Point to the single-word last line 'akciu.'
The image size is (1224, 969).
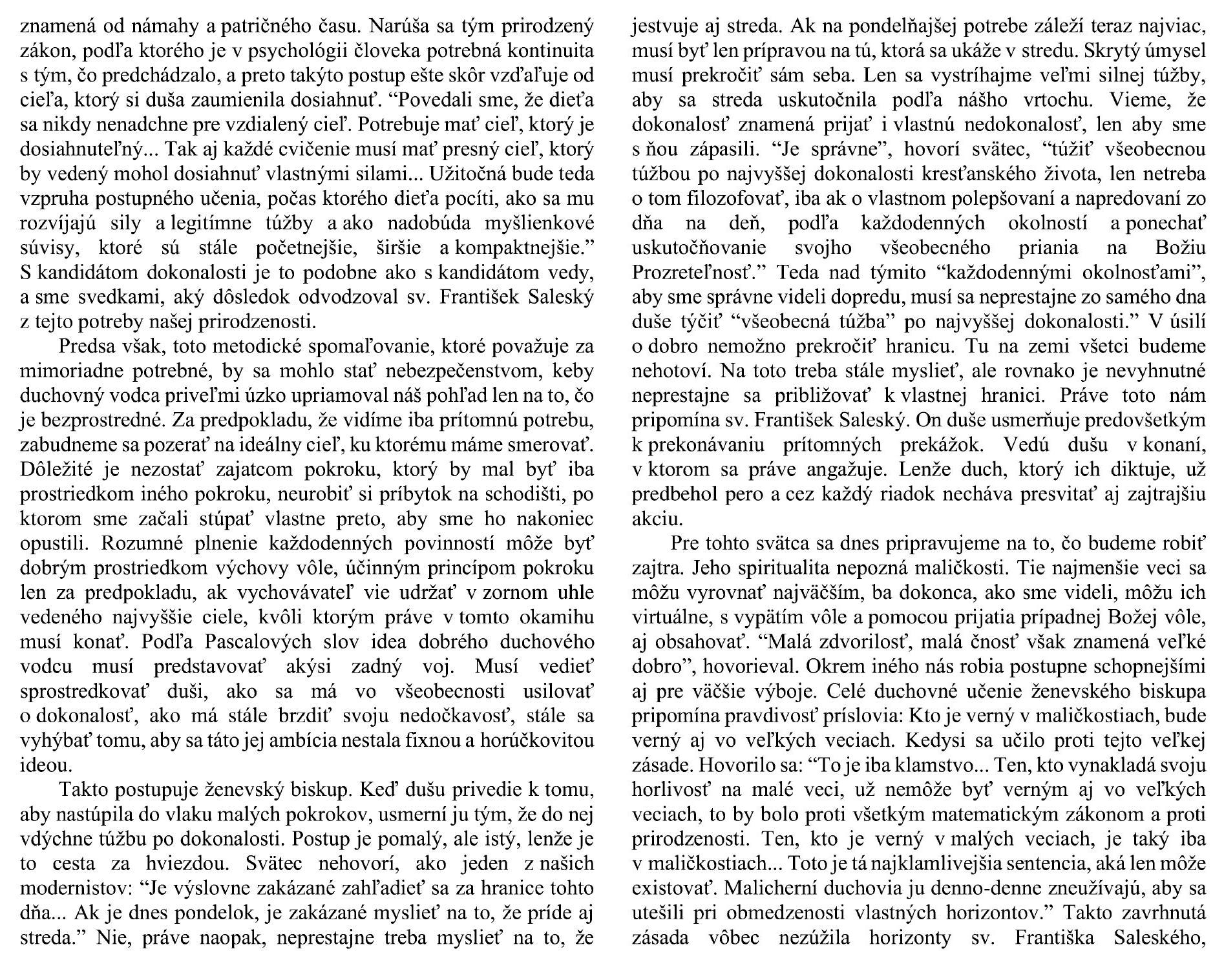pos(654,519)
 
